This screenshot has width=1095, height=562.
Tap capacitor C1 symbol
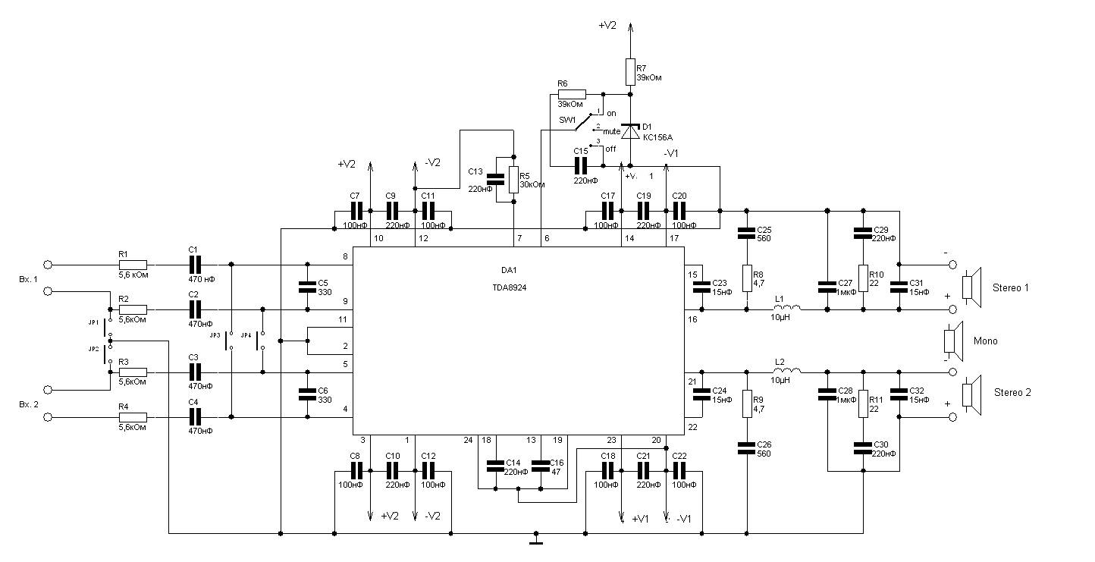point(195,265)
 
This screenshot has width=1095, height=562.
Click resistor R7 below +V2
point(629,72)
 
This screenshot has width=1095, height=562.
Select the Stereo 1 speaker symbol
point(971,287)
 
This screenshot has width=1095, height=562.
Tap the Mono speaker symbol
point(952,340)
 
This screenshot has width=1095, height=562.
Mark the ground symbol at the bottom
point(536,540)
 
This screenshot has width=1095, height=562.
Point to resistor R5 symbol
point(514,180)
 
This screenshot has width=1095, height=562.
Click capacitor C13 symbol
point(495,180)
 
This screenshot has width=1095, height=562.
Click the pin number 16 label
point(692,320)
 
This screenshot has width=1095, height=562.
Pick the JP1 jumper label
point(93,322)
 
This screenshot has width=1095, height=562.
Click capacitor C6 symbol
point(307,394)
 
